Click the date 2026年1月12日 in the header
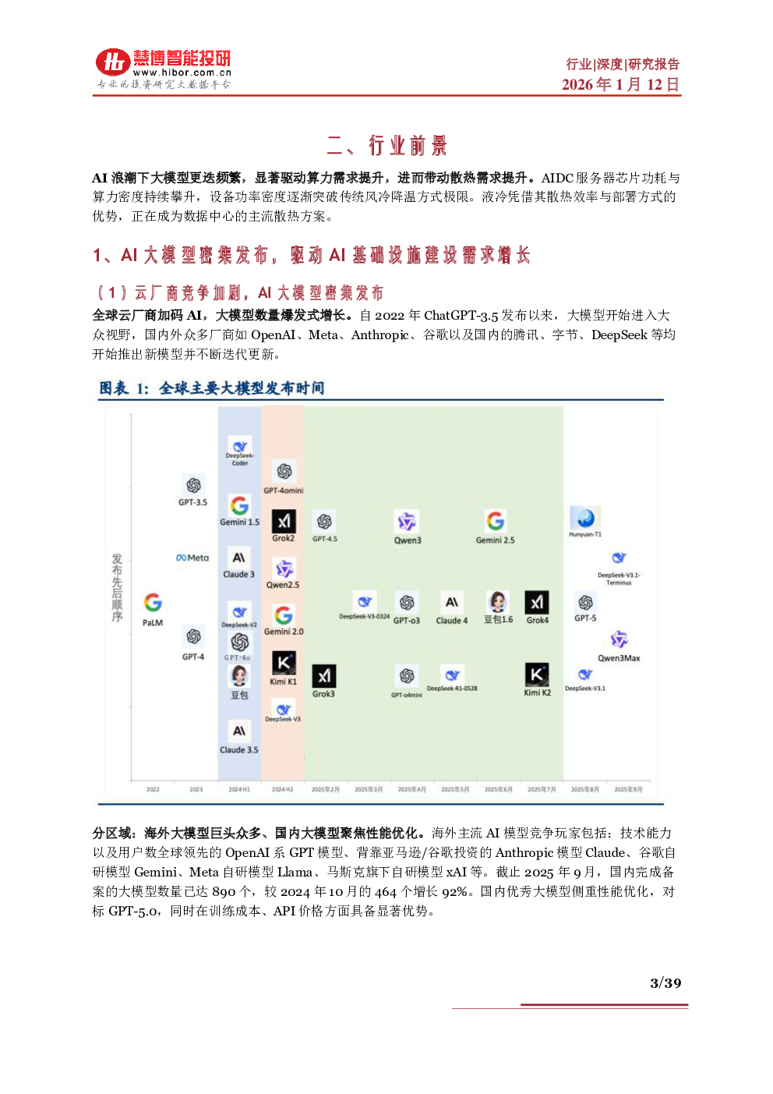pos(620,84)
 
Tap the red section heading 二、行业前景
pos(386,146)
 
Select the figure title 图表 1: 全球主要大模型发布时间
pos(211,388)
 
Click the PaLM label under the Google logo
pos(153,623)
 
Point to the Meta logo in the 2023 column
pos(192,558)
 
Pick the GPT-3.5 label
pos(192,502)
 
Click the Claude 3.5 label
pos(238,750)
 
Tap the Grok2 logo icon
pos(284,521)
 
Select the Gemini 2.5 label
pos(495,540)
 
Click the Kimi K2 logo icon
pos(537,674)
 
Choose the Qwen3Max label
pos(619,658)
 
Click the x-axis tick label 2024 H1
pos(239,789)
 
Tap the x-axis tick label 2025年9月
pos(628,789)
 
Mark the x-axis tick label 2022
pos(153,789)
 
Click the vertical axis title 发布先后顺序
pos(117,588)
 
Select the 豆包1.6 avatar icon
pos(498,602)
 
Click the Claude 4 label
pos(452,621)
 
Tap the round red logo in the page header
pos(113,62)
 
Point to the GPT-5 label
pos(585,618)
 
